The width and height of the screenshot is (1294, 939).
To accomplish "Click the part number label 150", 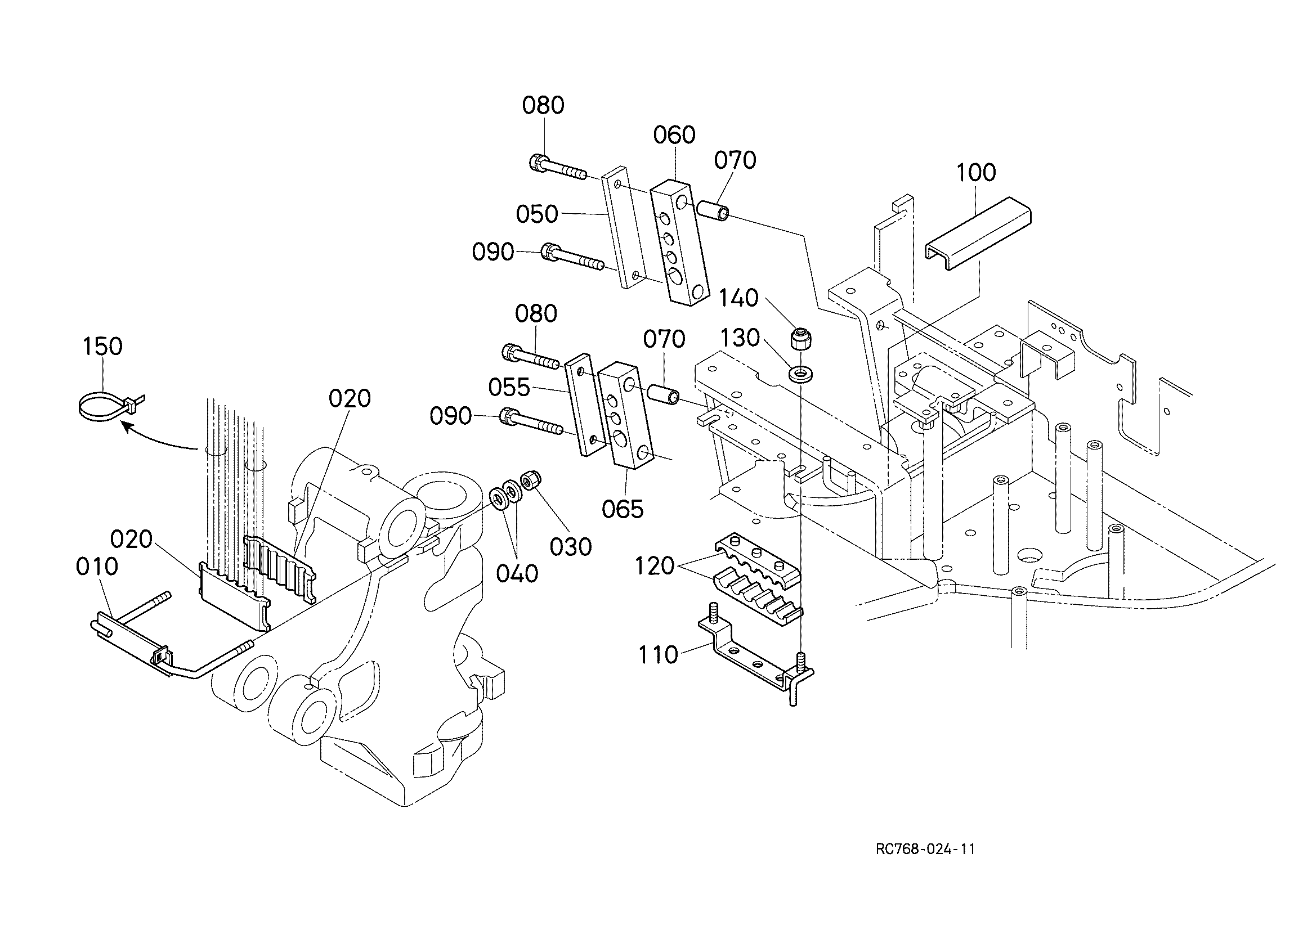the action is [102, 346].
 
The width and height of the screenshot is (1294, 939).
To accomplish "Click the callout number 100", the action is [975, 172].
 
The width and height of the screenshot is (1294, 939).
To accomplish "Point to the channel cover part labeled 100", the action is [978, 233].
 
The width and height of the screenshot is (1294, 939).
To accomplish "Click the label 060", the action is [674, 135].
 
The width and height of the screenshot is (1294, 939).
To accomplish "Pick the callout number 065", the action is [623, 509].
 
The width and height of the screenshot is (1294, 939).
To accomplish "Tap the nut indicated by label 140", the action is [801, 338].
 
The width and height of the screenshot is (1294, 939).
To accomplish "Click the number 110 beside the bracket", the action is [658, 655].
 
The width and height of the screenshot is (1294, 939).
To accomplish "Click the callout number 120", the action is [655, 566].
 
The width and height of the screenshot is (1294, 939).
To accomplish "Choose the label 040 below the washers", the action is [517, 574].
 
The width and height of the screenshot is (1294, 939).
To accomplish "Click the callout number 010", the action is [97, 567].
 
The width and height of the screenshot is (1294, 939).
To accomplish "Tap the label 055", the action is [509, 388].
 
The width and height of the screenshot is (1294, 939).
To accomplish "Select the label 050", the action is [537, 214].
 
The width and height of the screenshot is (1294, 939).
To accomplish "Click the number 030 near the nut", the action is [571, 547].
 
